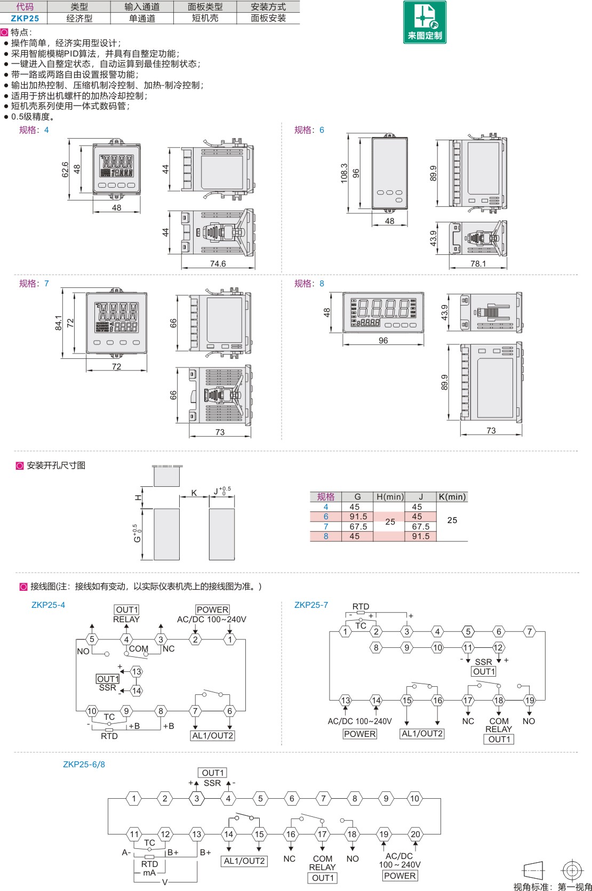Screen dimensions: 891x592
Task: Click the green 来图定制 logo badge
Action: (x=425, y=22)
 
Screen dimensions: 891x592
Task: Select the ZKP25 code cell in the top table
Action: (x=25, y=18)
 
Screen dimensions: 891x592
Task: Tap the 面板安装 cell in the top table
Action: (x=268, y=18)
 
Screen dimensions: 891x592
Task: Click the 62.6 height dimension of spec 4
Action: (x=65, y=170)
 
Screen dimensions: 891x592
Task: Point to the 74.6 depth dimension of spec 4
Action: (x=218, y=263)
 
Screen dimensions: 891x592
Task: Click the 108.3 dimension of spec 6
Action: (x=344, y=173)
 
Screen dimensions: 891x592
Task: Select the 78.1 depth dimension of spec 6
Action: (x=478, y=263)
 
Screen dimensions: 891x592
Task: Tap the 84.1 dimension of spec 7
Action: (x=59, y=323)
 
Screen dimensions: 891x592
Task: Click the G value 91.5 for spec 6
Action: (x=358, y=517)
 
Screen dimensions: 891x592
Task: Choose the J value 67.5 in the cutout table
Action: (x=420, y=526)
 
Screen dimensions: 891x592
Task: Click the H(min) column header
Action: (x=390, y=497)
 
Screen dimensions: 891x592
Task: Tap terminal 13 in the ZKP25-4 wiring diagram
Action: (x=137, y=672)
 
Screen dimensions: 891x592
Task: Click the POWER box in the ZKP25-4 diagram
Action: (x=212, y=609)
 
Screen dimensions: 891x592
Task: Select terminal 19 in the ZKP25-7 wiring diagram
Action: (x=529, y=700)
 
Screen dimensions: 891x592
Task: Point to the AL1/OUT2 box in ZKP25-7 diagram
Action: (x=422, y=734)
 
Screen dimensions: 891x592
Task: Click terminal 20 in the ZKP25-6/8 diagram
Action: (x=415, y=834)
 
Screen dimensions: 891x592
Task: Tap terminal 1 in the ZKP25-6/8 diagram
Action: (x=134, y=798)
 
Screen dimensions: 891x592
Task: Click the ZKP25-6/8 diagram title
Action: (x=84, y=765)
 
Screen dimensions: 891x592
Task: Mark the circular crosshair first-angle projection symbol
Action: (x=572, y=870)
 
